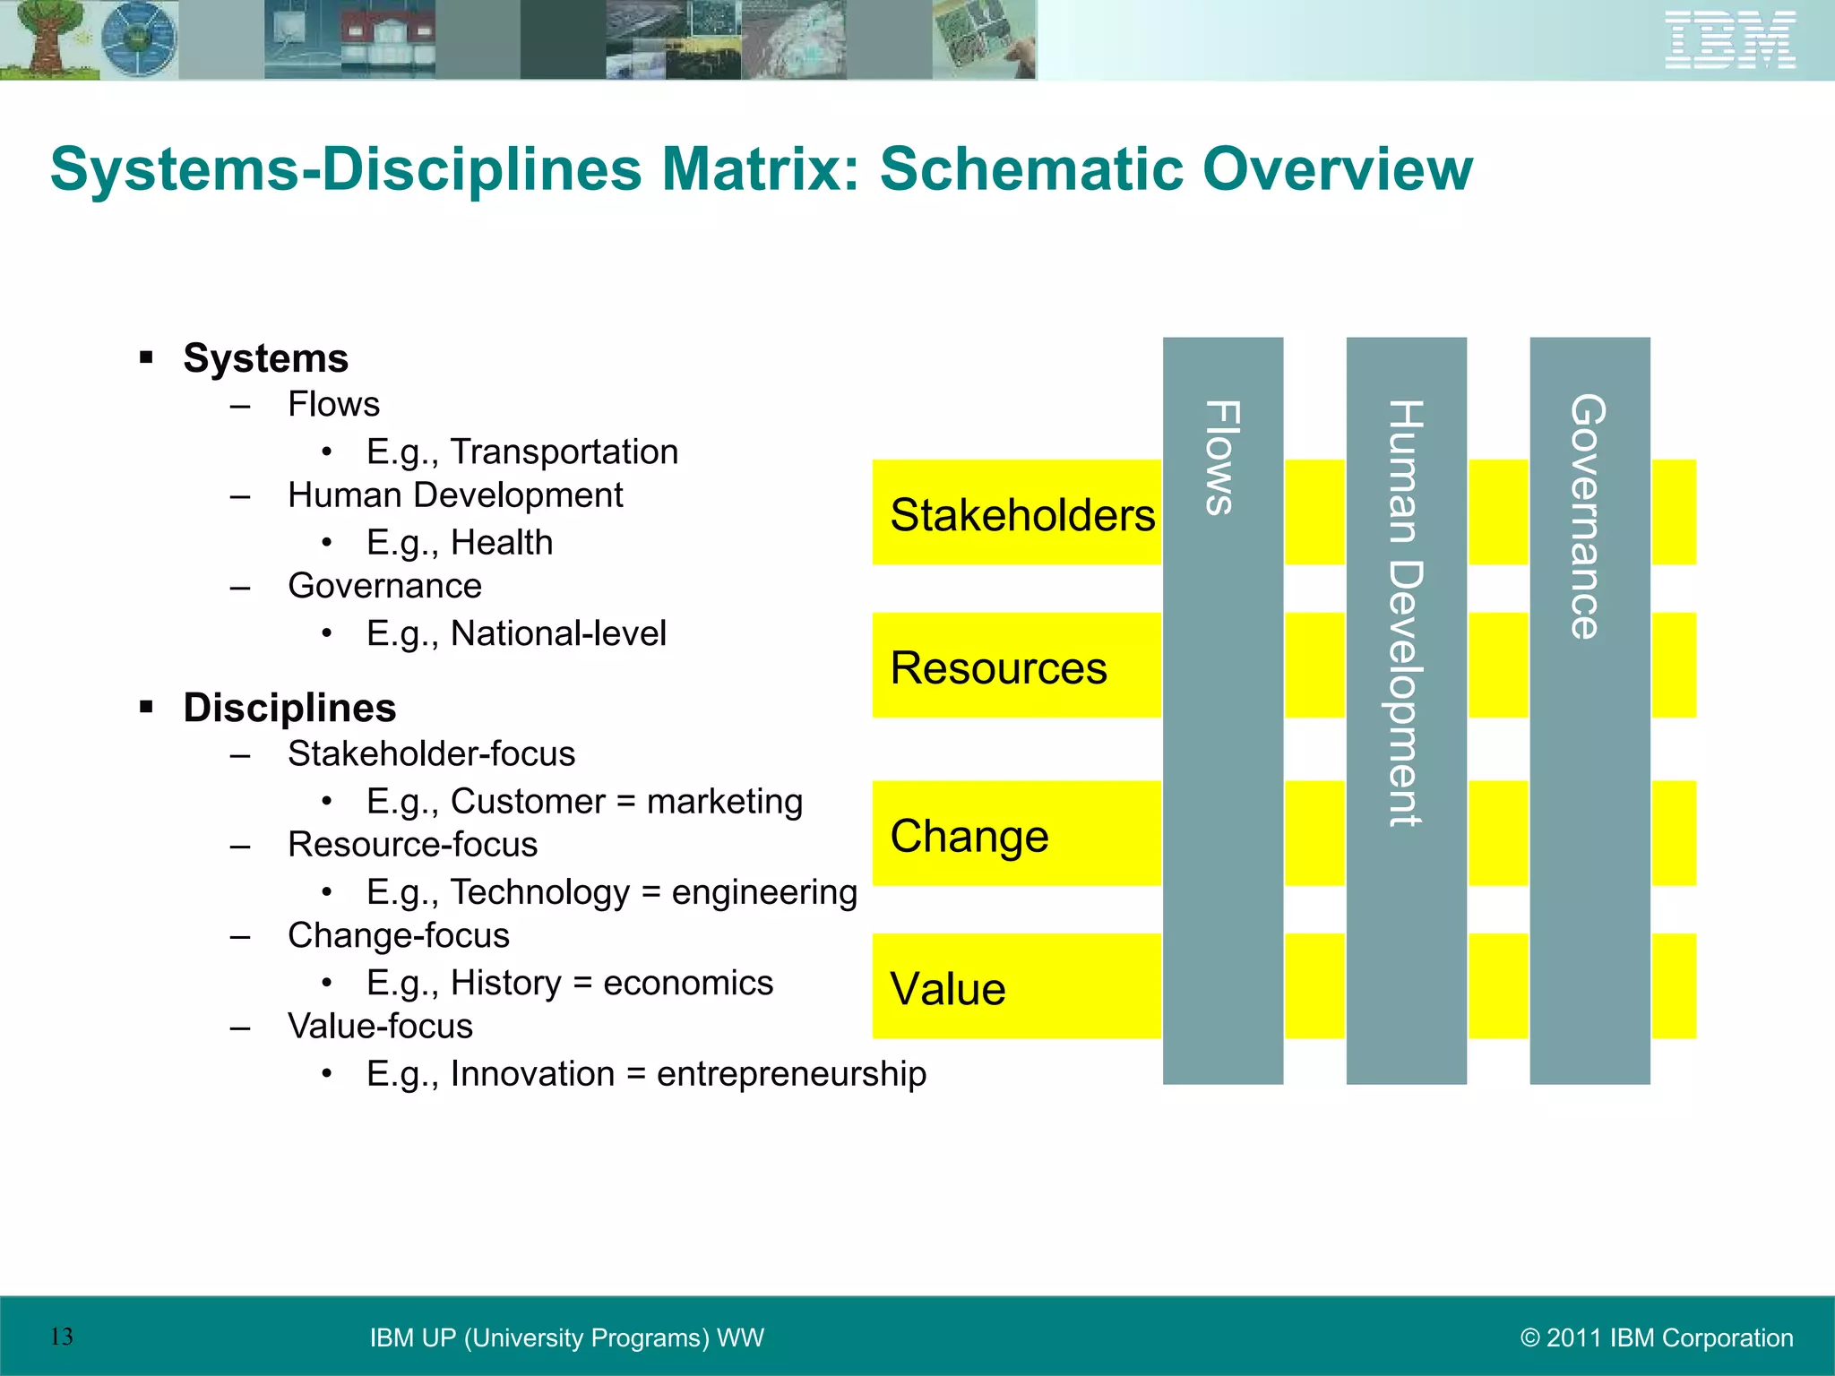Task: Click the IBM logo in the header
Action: (1730, 39)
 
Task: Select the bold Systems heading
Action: (265, 358)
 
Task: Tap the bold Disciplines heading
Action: (289, 708)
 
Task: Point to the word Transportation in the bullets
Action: (564, 451)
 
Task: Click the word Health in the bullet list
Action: (502, 543)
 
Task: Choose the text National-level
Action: (558, 633)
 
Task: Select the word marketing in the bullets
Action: (724, 802)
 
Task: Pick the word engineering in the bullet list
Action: (764, 892)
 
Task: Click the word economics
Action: (687, 983)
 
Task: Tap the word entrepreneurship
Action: (791, 1074)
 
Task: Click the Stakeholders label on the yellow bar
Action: (1022, 515)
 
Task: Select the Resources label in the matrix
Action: (998, 668)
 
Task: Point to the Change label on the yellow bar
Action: (969, 836)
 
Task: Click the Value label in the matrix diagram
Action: (947, 989)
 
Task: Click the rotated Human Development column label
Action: (1405, 613)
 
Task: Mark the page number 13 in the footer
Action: (62, 1337)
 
